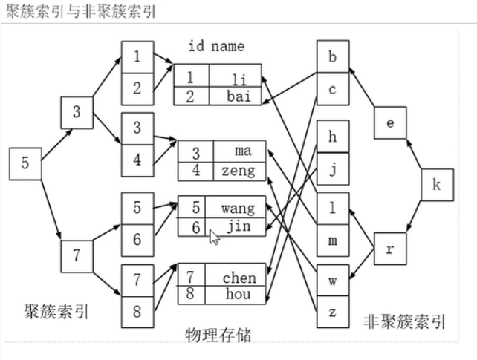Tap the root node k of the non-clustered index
pyautogui.click(x=436, y=186)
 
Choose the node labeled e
pyautogui.click(x=391, y=124)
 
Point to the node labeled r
pyautogui.click(x=391, y=249)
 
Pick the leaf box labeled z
pyautogui.click(x=332, y=312)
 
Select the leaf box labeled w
pyautogui.click(x=332, y=281)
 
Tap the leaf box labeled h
pyautogui.click(x=332, y=138)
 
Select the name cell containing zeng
pyautogui.click(x=238, y=171)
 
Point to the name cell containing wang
pyautogui.click(x=237, y=207)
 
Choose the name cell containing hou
pyautogui.click(x=238, y=294)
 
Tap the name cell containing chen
pyautogui.click(x=238, y=278)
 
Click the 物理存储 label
pyautogui.click(x=218, y=335)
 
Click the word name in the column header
pyautogui.click(x=227, y=47)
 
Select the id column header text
pyautogui.click(x=196, y=47)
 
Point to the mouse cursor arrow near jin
pyautogui.click(x=214, y=237)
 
